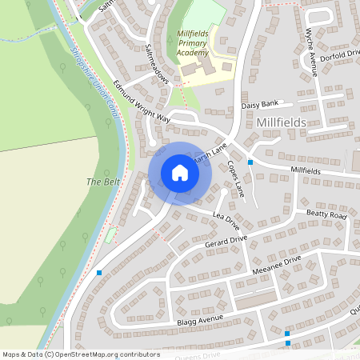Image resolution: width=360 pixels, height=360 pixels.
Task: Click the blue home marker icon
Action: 180,173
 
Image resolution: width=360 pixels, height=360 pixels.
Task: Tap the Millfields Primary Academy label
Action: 197,43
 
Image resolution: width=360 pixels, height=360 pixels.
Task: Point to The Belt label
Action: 102,182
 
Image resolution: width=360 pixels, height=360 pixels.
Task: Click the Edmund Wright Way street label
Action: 142,102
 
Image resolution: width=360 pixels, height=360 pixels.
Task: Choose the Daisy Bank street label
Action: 259,106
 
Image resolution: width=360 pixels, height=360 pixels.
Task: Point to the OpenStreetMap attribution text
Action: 80,354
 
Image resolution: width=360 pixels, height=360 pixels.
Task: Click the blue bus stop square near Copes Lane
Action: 250,162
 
